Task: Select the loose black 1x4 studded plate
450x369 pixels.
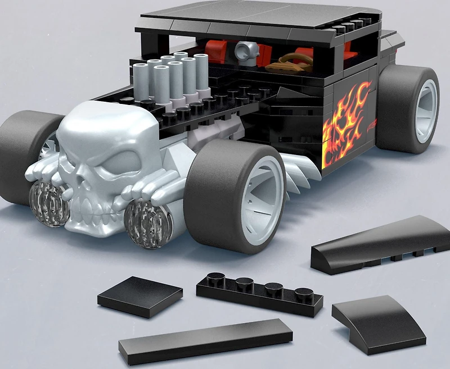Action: click(x=260, y=292)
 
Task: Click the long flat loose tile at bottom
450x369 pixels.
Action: click(x=205, y=340)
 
